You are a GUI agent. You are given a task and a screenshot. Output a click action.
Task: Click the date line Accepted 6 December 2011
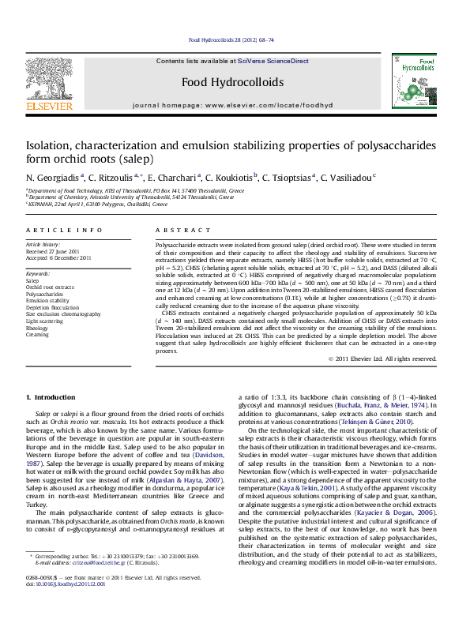58,258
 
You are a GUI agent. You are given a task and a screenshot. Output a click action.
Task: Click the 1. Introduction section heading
51,396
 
